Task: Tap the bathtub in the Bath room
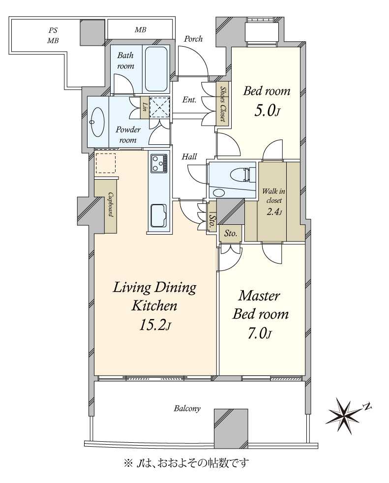(156, 69)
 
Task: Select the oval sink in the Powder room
(98, 122)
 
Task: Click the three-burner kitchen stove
(159, 163)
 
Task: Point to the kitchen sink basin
(159, 216)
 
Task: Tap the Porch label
(193, 39)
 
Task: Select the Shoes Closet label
(223, 104)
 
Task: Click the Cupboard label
(110, 205)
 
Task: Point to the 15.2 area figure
(154, 325)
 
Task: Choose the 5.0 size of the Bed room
(267, 111)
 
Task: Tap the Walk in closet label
(273, 195)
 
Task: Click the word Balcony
(187, 408)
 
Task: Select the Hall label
(189, 157)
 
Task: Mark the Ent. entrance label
(189, 100)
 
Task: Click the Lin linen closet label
(144, 107)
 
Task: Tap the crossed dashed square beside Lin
(159, 107)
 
